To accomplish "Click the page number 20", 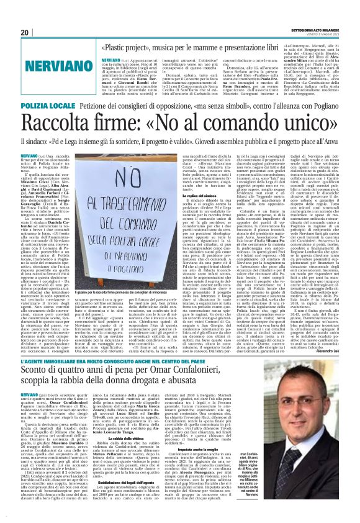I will click(x=25, y=32).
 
